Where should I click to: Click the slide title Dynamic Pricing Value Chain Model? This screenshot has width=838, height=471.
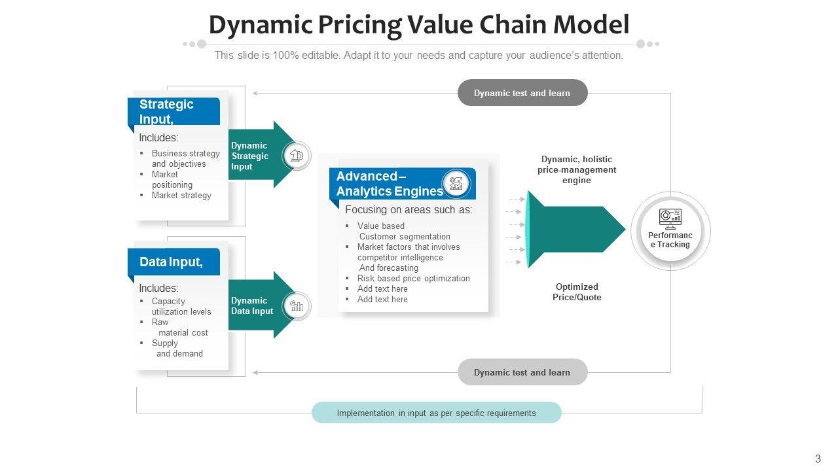pos(419,25)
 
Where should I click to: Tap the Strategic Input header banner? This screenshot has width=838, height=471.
pos(174,111)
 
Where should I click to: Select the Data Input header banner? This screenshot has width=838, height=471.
pos(174,262)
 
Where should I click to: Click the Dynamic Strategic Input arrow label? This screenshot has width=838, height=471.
pos(249,156)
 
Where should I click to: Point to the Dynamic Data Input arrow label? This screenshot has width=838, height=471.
pos(251,305)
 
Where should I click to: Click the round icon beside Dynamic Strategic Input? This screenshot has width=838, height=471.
pos(297,156)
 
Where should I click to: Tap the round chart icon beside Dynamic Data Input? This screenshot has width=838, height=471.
pos(297,306)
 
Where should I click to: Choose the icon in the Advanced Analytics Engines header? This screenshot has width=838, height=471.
pos(456,183)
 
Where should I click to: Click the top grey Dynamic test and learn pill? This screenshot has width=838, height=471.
pos(522,93)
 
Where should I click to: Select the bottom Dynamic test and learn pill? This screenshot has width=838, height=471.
pos(522,372)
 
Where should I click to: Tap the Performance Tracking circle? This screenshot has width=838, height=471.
pos(670,232)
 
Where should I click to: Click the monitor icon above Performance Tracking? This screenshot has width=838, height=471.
pos(670,217)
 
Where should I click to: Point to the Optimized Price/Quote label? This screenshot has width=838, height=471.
pos(577,292)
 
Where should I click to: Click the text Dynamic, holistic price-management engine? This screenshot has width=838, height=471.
pos(577,169)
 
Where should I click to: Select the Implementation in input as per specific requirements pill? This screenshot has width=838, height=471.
pos(436,413)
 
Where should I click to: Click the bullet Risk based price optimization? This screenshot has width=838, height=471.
pos(413,278)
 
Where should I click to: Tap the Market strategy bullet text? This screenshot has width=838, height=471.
pos(181,195)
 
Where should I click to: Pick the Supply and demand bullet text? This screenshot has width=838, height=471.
pos(178,348)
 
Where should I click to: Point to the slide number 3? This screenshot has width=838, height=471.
pos(818,459)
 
